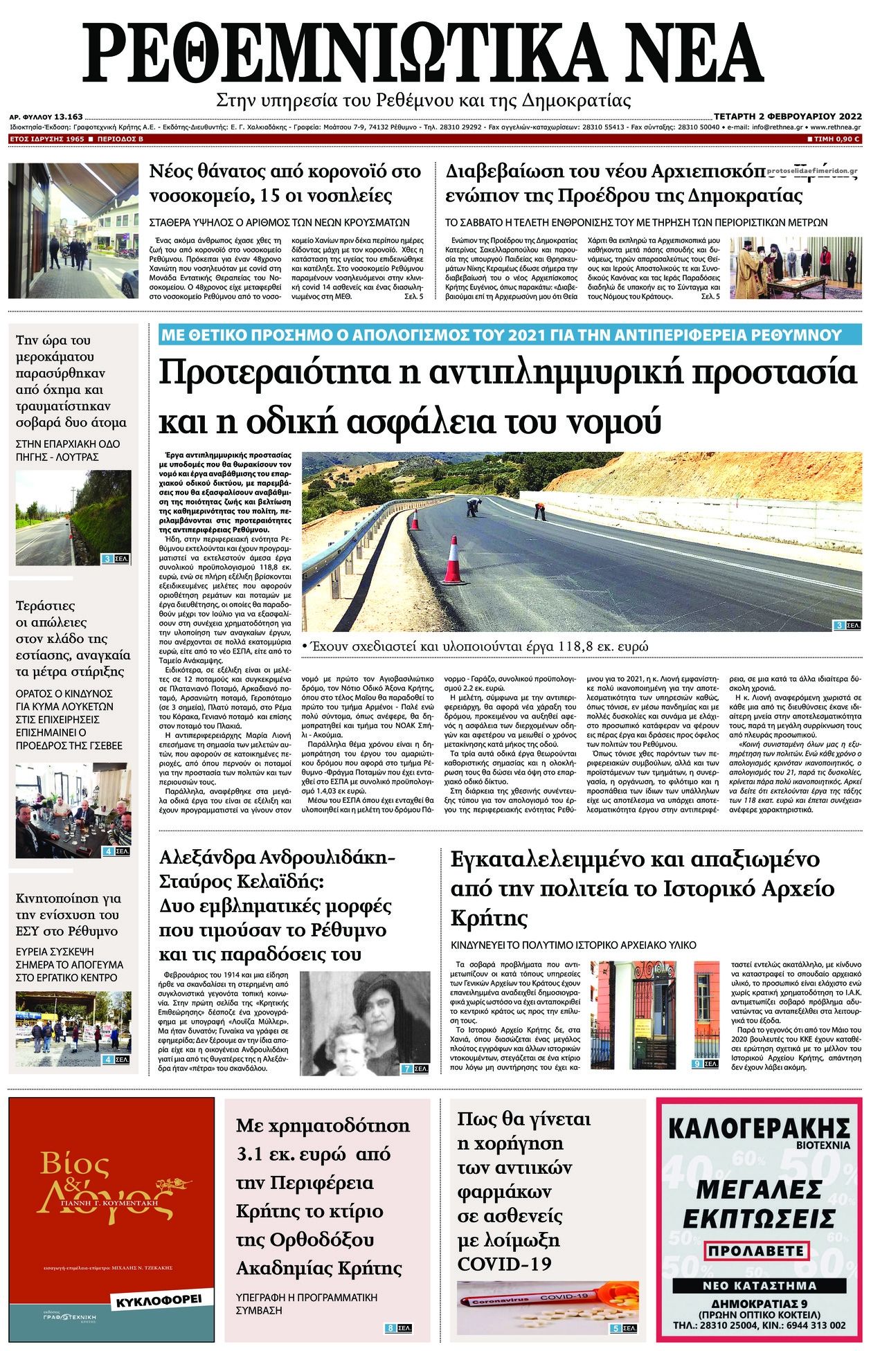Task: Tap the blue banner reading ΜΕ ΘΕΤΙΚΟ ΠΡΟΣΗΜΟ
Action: pyautogui.click(x=501, y=335)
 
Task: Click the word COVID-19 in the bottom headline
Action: pyautogui.click(x=505, y=1263)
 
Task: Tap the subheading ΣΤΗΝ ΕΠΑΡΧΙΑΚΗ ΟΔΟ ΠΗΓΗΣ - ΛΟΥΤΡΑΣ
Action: pyautogui.click(x=66, y=450)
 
